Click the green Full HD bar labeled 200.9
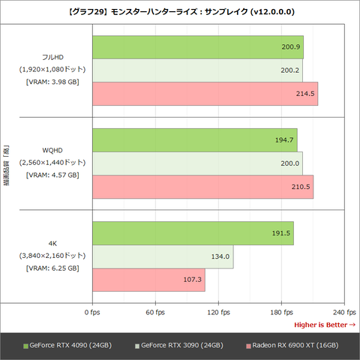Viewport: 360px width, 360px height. [x=198, y=46]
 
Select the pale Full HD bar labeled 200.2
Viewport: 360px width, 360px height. [x=197, y=70]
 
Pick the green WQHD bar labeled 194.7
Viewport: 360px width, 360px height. [x=194, y=140]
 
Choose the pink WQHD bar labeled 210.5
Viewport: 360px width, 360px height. [x=202, y=187]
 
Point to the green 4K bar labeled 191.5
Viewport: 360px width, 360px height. [x=193, y=233]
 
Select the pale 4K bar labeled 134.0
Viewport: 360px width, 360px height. [x=163, y=256]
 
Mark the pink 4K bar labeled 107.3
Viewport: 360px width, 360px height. [x=148, y=280]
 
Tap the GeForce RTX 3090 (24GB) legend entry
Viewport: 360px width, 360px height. [x=178, y=345]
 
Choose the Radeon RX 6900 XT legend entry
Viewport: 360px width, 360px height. [x=292, y=345]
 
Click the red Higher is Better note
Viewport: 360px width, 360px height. [x=324, y=324]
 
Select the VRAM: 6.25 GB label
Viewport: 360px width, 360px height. [x=52, y=268]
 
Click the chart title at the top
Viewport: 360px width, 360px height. [x=180, y=11]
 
